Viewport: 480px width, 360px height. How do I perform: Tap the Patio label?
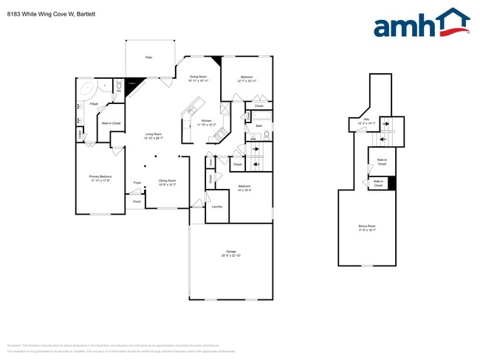tap(148, 57)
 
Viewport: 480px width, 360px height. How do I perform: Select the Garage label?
tap(231, 251)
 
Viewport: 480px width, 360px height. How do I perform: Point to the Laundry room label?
tap(217, 207)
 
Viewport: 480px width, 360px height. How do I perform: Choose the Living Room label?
tap(153, 134)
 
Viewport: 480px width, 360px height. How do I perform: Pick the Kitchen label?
tap(207, 120)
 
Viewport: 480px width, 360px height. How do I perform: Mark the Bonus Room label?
tap(367, 226)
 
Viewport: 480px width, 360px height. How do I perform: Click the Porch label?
tap(137, 201)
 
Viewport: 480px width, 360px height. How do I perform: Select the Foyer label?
tap(137, 182)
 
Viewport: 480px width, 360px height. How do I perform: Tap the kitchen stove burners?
tap(219, 134)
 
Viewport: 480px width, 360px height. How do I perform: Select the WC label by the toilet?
tap(117, 91)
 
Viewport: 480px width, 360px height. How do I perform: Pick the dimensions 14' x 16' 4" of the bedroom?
tap(244, 190)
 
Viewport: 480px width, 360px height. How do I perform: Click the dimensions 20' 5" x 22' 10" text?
tap(231, 255)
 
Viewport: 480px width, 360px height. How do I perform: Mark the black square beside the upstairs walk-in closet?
tap(392, 183)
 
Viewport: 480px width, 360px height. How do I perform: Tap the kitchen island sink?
tap(191, 111)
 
